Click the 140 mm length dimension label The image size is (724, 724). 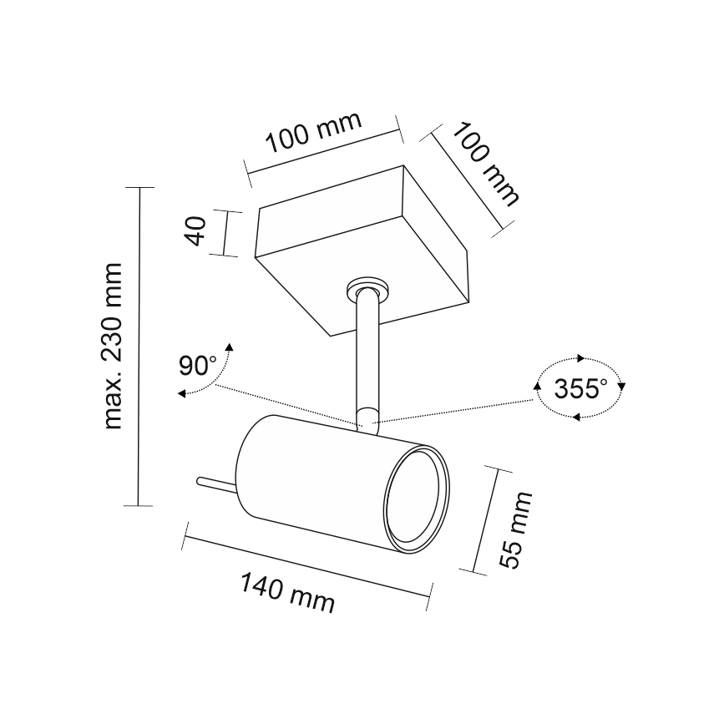(x=287, y=593)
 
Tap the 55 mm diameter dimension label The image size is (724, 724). (x=516, y=529)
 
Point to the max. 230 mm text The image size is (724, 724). (x=113, y=347)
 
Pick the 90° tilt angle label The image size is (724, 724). (x=197, y=365)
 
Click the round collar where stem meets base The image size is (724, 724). (x=368, y=289)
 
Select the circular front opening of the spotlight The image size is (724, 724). (x=416, y=500)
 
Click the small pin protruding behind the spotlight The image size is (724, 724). (x=216, y=485)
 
